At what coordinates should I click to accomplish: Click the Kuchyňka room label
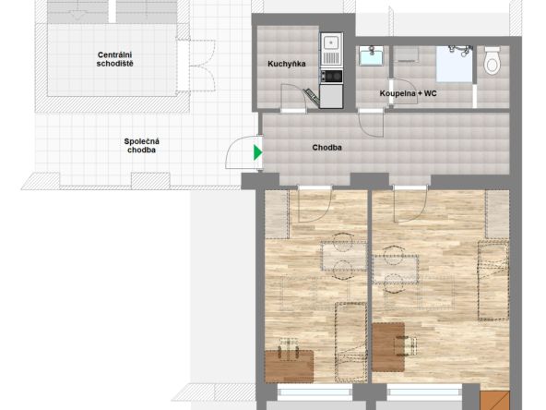[x=287, y=64]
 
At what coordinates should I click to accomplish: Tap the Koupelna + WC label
[x=408, y=93]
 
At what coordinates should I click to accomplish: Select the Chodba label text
[x=326, y=148]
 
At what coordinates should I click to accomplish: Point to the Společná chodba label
[x=141, y=146]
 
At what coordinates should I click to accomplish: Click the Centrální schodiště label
[x=114, y=59]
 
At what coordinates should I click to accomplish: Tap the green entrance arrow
[x=257, y=152]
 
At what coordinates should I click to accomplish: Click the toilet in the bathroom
[x=492, y=60]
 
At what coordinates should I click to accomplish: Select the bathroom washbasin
[x=371, y=55]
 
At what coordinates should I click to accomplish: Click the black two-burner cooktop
[x=331, y=76]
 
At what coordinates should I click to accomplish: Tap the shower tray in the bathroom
[x=455, y=64]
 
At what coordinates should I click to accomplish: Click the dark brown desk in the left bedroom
[x=289, y=367]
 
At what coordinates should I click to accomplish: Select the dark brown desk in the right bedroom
[x=388, y=347]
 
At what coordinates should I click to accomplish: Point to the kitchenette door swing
[x=293, y=96]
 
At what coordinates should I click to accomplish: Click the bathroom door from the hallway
[x=371, y=123]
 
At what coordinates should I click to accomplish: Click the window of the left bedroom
[x=315, y=392]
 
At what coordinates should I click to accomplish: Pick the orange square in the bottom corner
[x=494, y=400]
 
